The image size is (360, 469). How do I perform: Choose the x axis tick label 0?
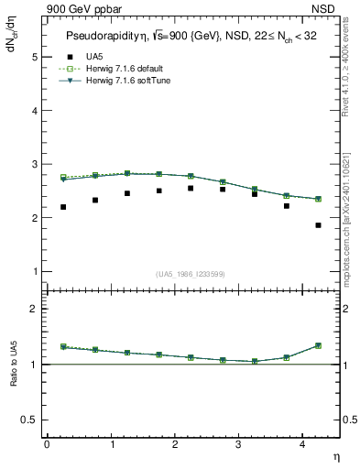[47, 444]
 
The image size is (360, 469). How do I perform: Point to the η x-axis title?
[335, 456]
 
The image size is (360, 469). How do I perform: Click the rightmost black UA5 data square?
[318, 225]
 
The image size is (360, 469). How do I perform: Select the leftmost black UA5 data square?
[63, 207]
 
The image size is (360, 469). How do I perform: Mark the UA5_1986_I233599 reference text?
[191, 275]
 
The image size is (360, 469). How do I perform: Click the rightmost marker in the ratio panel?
[318, 345]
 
